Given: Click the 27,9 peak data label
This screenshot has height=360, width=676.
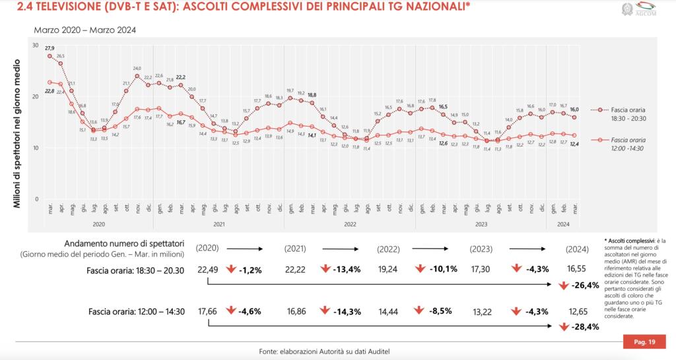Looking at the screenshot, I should point(50,48).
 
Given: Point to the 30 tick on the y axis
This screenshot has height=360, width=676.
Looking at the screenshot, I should point(36,45).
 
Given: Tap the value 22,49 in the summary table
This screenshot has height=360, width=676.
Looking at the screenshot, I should point(207,270).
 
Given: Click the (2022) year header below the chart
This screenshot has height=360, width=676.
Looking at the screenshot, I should point(389,250).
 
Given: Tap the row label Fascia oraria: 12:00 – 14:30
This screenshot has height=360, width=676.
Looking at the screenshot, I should point(133,311).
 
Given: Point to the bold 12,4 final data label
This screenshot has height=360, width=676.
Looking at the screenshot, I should point(574,144).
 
